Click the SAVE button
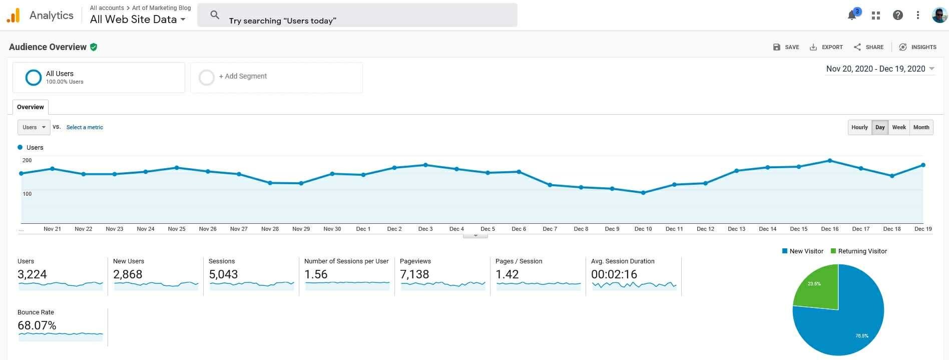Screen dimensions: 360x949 786,47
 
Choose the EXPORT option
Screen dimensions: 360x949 826,47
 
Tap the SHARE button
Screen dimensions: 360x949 869,47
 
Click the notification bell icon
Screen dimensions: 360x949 852,16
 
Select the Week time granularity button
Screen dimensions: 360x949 899,127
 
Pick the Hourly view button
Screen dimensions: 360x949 859,127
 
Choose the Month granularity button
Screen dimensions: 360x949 921,127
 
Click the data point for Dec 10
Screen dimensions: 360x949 643,193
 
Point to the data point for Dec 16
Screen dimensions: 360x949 830,161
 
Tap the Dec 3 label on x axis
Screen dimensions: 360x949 425,229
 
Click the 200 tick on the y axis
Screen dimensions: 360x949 27,160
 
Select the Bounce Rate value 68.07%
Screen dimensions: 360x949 37,325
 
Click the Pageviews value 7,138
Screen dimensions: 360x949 414,274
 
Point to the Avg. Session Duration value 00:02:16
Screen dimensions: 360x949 614,274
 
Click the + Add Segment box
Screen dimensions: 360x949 276,77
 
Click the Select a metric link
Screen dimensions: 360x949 85,127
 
